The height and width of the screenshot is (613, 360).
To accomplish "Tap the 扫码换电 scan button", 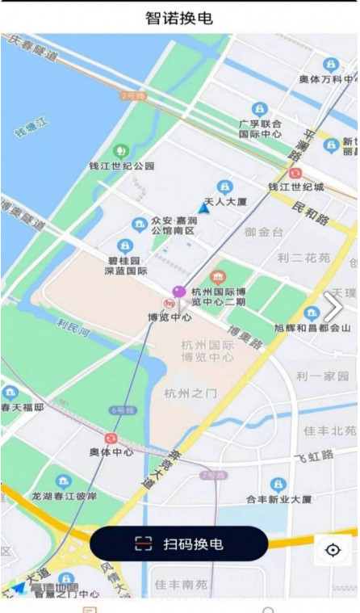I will coord(178,544).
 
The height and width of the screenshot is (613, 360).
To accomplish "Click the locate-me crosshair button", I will coord(333,550).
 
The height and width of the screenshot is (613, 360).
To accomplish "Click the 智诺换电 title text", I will coord(179,18).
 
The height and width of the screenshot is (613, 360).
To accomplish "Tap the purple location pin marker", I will coord(178,292).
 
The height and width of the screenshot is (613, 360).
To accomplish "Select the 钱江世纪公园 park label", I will coord(121,166).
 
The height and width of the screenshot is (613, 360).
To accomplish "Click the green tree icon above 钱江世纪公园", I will coord(121,151).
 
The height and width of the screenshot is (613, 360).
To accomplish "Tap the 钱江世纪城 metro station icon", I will coord(295,173).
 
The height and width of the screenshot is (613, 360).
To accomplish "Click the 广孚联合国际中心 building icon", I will coord(259,108).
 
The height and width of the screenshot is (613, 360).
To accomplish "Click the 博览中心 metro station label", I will coord(170,317).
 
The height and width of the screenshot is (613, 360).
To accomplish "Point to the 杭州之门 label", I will coord(190,393).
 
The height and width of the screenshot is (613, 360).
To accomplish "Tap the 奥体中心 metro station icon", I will coord(111,438).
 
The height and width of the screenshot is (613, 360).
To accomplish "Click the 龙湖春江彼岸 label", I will coord(64,496).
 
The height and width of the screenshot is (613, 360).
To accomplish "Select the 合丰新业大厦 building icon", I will coord(278,485).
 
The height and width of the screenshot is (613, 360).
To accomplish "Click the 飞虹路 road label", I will coord(314,456).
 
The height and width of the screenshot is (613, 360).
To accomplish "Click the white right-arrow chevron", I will coord(333,306).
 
